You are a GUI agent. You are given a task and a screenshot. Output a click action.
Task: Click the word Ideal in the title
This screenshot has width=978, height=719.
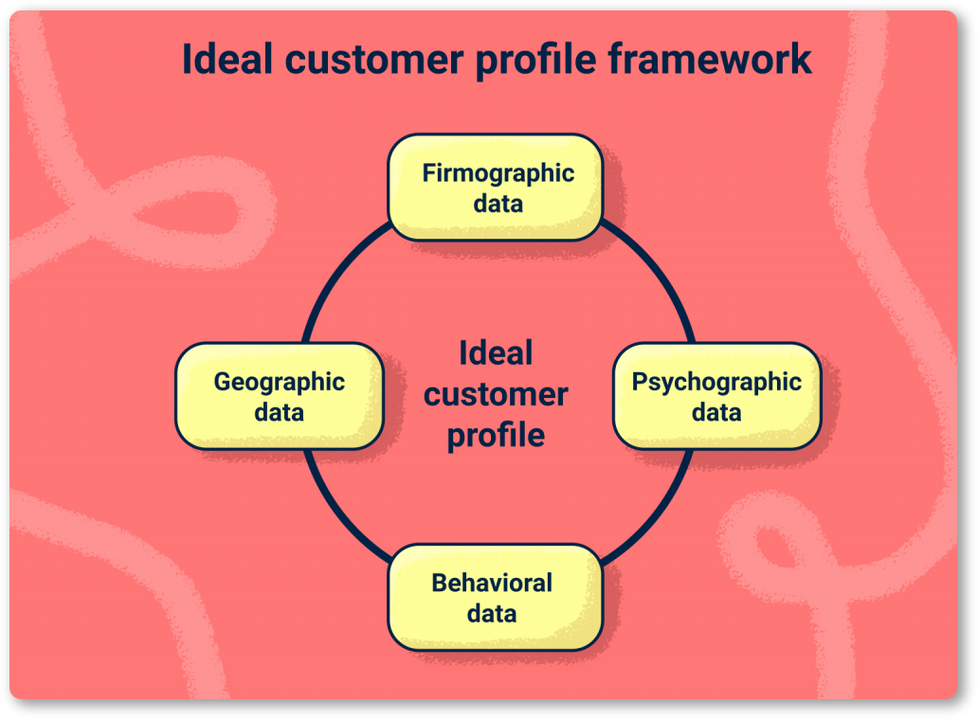pyautogui.click(x=227, y=60)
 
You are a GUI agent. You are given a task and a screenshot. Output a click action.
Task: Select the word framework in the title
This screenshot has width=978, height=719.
pyautogui.click(x=710, y=60)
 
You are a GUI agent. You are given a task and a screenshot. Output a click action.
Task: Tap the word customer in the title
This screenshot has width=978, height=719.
pyautogui.click(x=374, y=61)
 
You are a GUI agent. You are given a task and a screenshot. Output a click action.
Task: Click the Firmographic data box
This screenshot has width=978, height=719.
pyautogui.click(x=496, y=187)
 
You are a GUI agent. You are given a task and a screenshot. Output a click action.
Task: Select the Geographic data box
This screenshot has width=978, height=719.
pyautogui.click(x=280, y=396)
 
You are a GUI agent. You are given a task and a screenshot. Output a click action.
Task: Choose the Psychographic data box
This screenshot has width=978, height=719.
pyautogui.click(x=716, y=396)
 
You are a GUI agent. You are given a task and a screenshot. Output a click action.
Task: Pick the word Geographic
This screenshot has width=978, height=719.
pyautogui.click(x=280, y=383)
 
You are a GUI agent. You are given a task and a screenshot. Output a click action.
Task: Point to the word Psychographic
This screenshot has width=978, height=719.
pyautogui.click(x=716, y=383)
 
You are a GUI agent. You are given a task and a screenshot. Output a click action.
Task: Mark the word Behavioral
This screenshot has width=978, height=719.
pyautogui.click(x=492, y=583)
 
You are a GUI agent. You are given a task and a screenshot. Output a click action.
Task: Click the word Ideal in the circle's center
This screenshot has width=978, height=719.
pyautogui.click(x=496, y=353)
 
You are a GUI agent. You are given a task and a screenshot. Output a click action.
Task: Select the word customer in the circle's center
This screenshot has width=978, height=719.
pyautogui.click(x=496, y=395)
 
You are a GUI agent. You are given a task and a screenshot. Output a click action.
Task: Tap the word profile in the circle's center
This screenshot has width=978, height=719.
pyautogui.click(x=496, y=435)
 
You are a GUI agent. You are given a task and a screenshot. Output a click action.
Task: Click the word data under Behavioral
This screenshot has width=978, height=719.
pyautogui.click(x=492, y=614)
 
